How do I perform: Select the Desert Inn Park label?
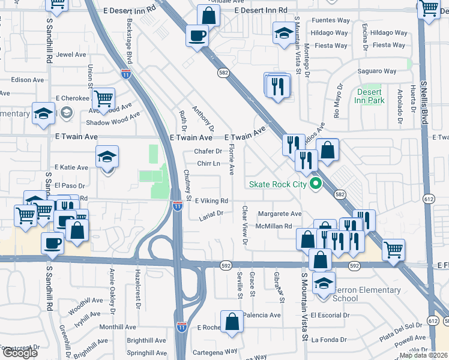point(370,96)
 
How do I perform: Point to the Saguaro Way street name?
point(377,71)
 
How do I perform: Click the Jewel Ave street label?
point(71,54)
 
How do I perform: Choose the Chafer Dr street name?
point(208,151)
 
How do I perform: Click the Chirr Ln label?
point(207,163)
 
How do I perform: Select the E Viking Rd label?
point(211,201)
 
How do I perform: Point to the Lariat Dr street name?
point(211,213)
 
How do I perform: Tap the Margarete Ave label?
point(279,214)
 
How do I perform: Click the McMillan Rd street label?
point(273,226)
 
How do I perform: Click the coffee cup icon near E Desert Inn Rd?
point(197,35)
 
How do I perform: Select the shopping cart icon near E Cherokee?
point(104,98)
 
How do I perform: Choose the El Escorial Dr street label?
point(329,315)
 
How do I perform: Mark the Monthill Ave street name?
point(116,327)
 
